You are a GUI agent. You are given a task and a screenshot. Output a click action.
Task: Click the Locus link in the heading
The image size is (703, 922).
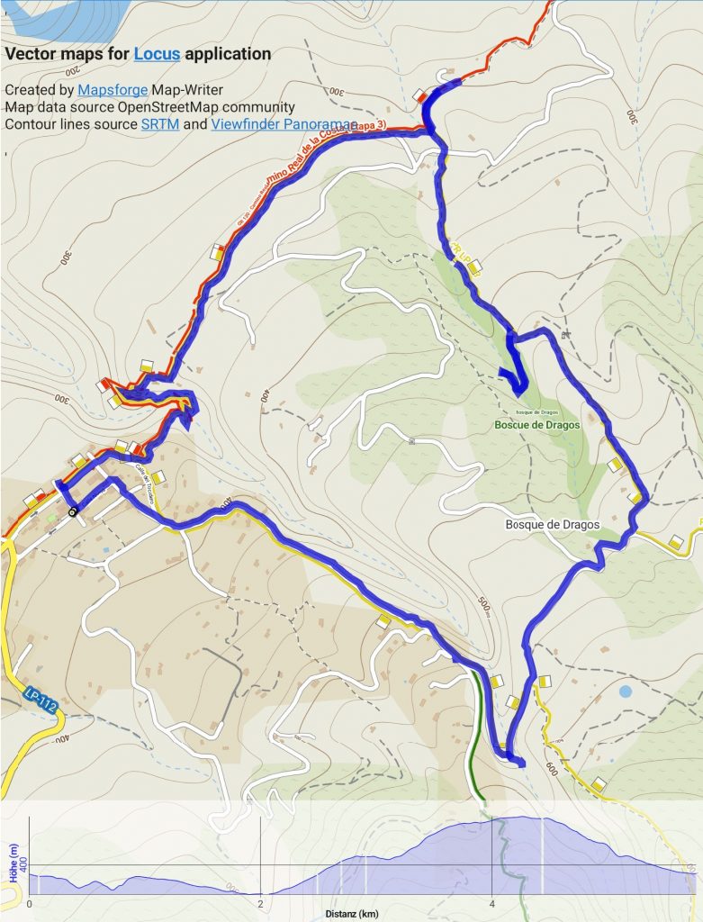point(157,54)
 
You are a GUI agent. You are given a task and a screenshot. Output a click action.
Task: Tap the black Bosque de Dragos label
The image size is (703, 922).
point(553,524)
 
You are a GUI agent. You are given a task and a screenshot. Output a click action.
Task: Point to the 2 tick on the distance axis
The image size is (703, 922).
point(260,902)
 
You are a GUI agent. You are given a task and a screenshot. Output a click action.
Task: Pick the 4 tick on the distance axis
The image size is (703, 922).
point(491,902)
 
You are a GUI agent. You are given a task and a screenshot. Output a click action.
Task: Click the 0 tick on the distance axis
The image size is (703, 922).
point(30,902)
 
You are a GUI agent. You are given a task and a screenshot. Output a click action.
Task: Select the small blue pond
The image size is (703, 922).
point(625,691)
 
